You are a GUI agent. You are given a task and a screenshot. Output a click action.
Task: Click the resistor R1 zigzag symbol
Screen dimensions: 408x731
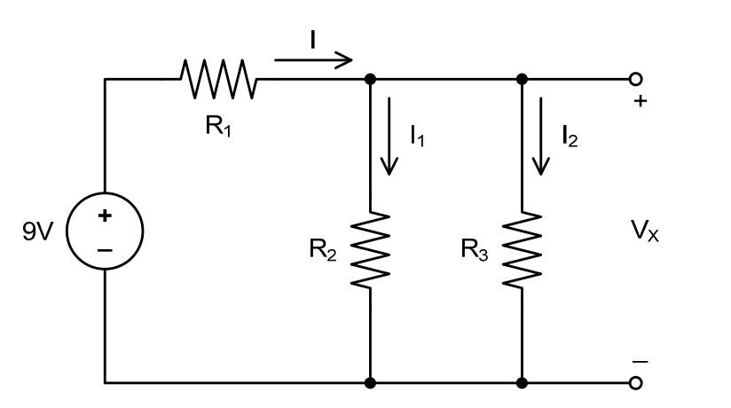point(219,78)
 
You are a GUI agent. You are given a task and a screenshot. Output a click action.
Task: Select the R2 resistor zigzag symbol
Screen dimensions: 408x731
point(370,250)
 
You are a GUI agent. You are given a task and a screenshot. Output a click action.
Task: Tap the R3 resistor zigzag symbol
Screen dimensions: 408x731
point(522,250)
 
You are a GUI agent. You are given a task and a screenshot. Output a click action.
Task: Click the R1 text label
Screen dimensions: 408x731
point(216,125)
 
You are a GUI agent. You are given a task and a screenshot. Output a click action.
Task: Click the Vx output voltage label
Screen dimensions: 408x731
point(644,233)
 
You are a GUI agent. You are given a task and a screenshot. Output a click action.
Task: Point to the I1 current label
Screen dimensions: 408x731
point(417,136)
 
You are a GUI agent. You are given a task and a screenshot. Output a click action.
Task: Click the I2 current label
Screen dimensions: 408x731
point(570,136)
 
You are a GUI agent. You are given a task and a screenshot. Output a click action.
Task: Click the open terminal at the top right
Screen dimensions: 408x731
point(634,79)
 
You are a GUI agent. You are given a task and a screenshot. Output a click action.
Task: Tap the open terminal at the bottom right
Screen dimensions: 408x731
point(634,383)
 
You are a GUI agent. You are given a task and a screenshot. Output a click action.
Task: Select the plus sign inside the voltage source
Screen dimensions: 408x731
point(105,216)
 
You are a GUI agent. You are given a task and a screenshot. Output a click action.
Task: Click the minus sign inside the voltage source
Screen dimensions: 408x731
point(105,251)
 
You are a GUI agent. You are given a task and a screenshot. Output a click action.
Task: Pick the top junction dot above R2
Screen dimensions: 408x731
point(370,79)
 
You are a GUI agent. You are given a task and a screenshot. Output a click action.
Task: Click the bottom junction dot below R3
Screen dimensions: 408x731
point(522,383)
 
